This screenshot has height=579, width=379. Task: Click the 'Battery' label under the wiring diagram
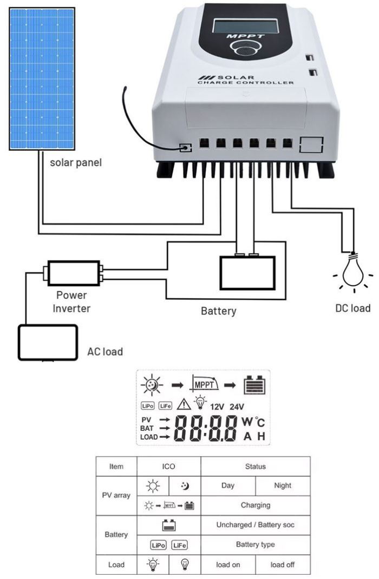(x=218, y=311)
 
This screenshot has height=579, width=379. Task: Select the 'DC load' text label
(x=352, y=308)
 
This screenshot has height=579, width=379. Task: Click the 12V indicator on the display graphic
(x=218, y=407)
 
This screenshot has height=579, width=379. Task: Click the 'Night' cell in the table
(x=283, y=485)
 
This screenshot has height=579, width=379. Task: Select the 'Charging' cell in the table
(x=256, y=505)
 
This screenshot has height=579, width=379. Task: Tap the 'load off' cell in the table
(x=283, y=565)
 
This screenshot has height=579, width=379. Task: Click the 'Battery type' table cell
(x=256, y=544)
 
